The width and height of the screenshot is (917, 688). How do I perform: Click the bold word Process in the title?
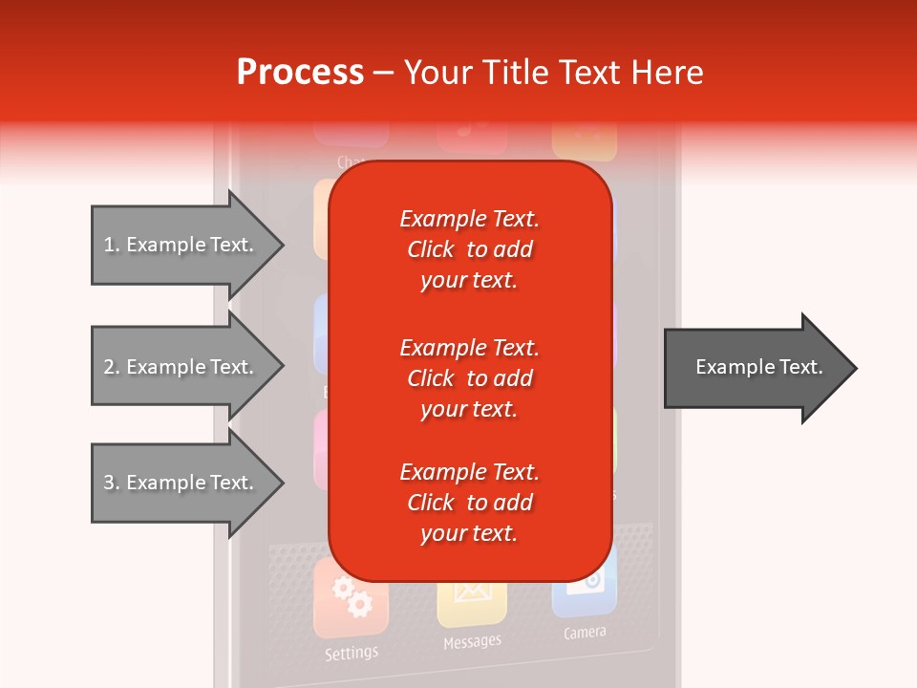(300, 73)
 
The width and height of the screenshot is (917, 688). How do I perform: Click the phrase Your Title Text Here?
(554, 73)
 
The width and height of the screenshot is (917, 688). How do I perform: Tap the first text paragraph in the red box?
(469, 249)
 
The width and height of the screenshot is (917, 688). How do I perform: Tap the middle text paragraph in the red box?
(469, 378)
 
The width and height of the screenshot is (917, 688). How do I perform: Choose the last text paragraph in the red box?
(469, 503)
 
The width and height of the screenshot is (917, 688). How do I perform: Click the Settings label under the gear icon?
(351, 654)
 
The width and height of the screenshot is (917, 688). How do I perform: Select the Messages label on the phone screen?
(472, 642)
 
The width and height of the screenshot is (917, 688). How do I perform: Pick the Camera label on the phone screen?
(585, 633)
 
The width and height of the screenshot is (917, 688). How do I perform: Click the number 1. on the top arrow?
(112, 245)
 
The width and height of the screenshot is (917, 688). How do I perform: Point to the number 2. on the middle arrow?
(112, 367)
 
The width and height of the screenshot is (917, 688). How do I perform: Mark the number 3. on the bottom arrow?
(112, 483)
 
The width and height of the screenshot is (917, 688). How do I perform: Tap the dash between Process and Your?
(383, 74)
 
